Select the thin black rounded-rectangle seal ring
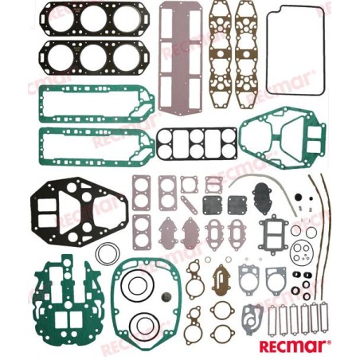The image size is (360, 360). tap(267, 50)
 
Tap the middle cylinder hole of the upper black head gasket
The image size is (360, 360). tap(93, 19)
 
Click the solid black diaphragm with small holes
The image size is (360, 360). tap(264, 196)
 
